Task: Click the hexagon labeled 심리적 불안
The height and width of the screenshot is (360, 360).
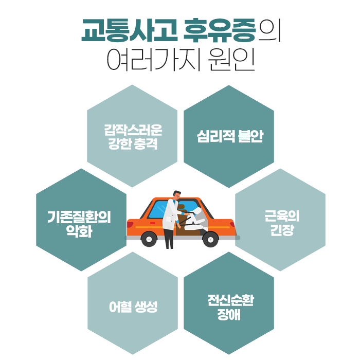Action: tap(229, 136)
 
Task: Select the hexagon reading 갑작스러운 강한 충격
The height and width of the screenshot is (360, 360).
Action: tap(132, 136)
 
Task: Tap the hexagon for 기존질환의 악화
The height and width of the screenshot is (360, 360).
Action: tap(81, 220)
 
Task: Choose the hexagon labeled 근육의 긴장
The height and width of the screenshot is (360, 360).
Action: tap(280, 220)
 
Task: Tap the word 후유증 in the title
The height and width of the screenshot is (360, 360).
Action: tap(220, 32)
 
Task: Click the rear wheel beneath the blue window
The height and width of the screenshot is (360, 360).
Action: tap(149, 238)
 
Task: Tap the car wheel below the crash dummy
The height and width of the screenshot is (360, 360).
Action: tap(210, 239)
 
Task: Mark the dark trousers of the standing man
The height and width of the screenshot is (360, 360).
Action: tap(169, 238)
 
